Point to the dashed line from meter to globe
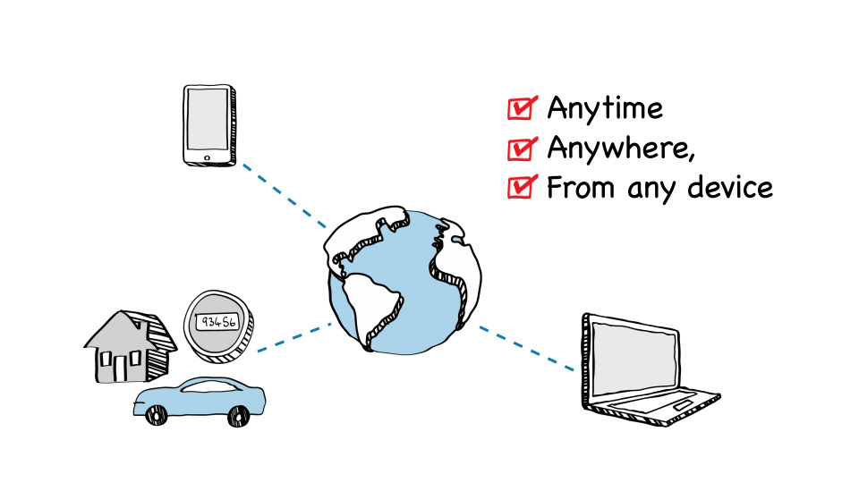pyautogui.click(x=294, y=337)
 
